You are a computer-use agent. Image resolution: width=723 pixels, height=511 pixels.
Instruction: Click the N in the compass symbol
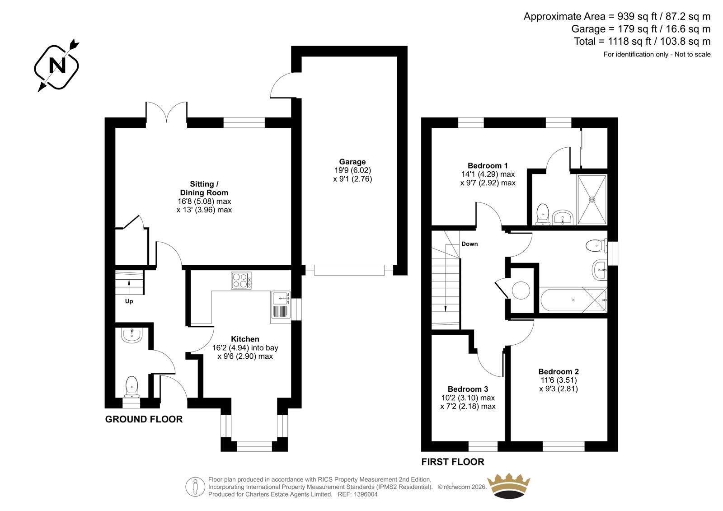click(57, 66)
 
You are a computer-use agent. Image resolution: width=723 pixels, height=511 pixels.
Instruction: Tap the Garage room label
click(352, 162)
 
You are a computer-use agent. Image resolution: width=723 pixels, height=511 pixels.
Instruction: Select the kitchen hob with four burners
click(241, 280)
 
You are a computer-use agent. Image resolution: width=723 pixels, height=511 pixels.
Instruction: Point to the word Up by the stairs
click(129, 301)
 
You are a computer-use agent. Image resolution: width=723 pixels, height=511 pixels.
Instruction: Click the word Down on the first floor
click(469, 244)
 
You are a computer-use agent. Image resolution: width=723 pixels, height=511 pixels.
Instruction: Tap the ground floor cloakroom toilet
click(131, 386)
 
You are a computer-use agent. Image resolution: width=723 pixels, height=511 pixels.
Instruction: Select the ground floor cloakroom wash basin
click(132, 335)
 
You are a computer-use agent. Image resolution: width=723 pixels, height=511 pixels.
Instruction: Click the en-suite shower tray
click(592, 200)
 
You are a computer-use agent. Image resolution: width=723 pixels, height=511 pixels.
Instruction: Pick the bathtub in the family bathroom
click(573, 300)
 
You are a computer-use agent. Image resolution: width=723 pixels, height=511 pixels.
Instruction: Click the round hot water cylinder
click(521, 290)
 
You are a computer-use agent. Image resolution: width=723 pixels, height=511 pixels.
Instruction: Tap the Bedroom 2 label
click(559, 371)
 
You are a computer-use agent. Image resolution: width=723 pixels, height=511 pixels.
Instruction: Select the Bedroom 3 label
click(468, 389)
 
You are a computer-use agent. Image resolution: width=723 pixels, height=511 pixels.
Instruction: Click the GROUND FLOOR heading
click(144, 419)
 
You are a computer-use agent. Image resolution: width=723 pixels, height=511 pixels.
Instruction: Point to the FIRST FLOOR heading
click(453, 462)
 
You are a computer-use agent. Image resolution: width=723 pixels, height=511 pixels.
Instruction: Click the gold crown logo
click(509, 486)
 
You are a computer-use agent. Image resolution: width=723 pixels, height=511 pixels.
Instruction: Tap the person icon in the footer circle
click(195, 487)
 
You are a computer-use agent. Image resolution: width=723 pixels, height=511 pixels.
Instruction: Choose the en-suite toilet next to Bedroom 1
click(543, 214)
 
